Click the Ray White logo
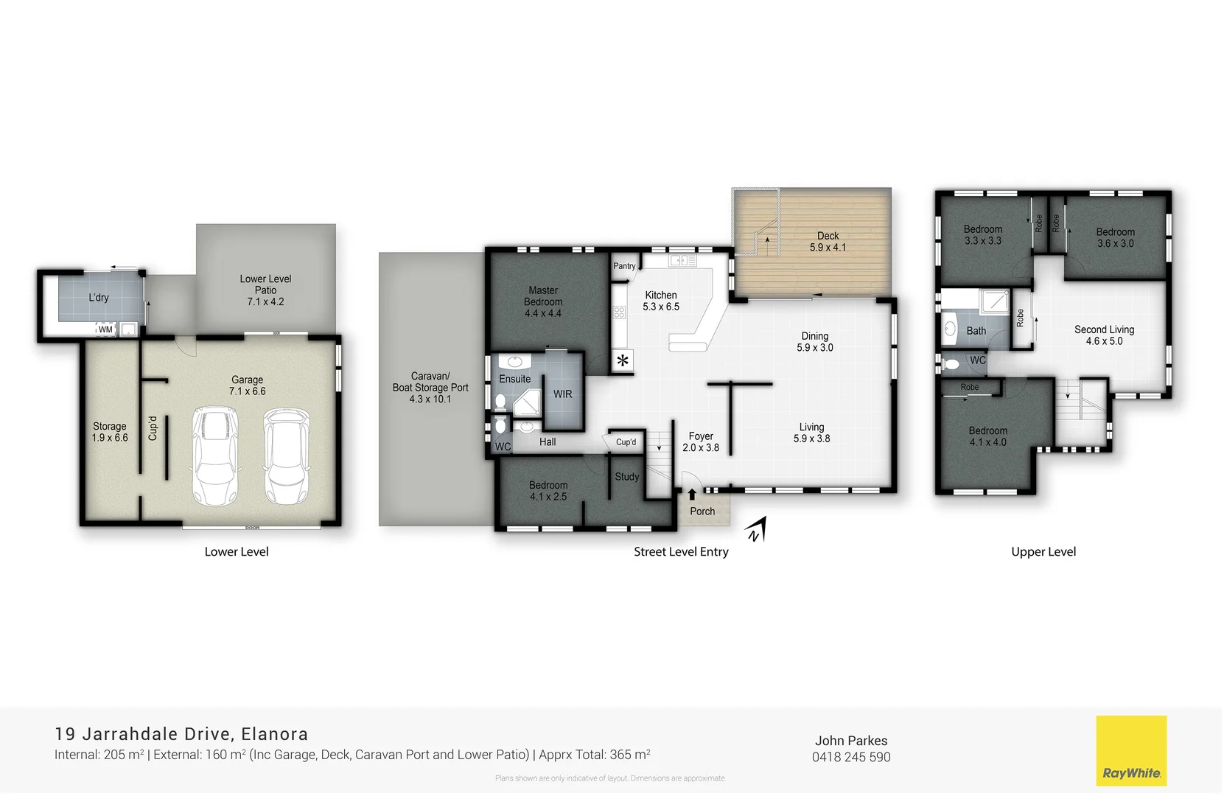[1130, 750]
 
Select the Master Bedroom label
[543, 301]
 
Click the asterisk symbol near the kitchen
[623, 360]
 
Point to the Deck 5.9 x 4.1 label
[828, 242]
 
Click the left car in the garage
[214, 456]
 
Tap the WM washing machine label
[105, 329]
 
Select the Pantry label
[624, 266]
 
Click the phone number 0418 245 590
[851, 757]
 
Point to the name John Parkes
[851, 741]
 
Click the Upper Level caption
[1043, 551]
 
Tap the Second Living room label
[1104, 335]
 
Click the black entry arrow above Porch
[692, 495]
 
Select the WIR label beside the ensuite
[562, 394]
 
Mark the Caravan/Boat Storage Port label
[430, 387]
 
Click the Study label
[627, 477]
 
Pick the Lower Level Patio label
[265, 290]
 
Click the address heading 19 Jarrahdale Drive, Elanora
[181, 734]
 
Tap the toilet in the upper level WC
[951, 363]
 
